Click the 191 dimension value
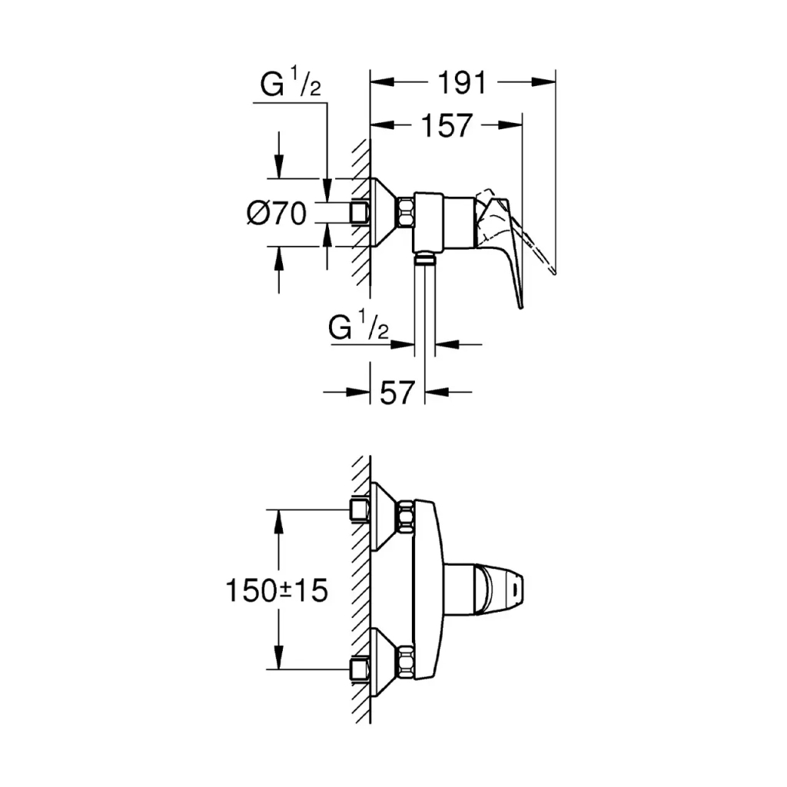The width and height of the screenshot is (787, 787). (x=463, y=82)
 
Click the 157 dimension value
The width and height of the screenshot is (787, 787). (x=447, y=125)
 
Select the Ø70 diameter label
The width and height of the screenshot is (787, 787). (x=277, y=212)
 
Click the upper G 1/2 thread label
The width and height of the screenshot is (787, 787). (x=290, y=87)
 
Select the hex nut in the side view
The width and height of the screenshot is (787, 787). (x=405, y=212)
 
